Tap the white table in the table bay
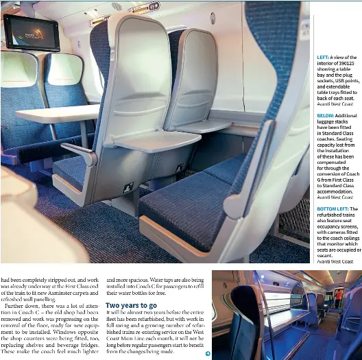tap(58, 113)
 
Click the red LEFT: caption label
tap(324, 58)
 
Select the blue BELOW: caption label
tap(326, 116)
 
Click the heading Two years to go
tap(131, 305)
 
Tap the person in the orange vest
tap(338, 296)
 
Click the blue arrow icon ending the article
tap(207, 353)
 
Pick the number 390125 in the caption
tap(347, 64)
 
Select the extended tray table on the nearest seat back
tap(155, 140)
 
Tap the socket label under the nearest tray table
tap(128, 187)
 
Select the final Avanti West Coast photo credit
tap(335, 261)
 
